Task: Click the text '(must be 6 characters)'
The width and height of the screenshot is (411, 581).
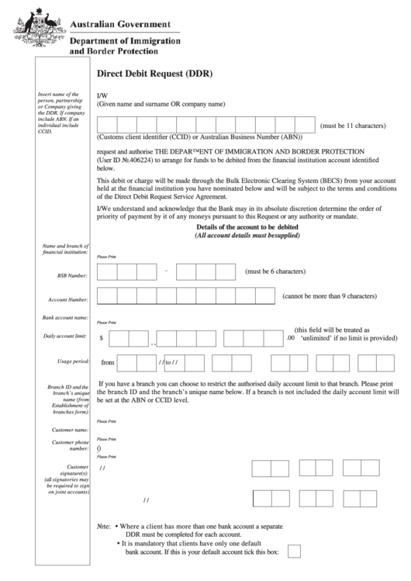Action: [x=280, y=271]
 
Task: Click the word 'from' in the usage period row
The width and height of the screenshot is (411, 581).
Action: [x=108, y=362]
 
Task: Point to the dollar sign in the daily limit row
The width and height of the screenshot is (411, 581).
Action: [x=102, y=338]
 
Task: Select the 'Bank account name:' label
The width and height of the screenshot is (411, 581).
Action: [x=65, y=318]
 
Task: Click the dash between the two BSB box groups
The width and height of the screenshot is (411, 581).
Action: [x=166, y=271]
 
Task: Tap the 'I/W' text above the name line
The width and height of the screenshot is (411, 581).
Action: [x=102, y=95]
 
